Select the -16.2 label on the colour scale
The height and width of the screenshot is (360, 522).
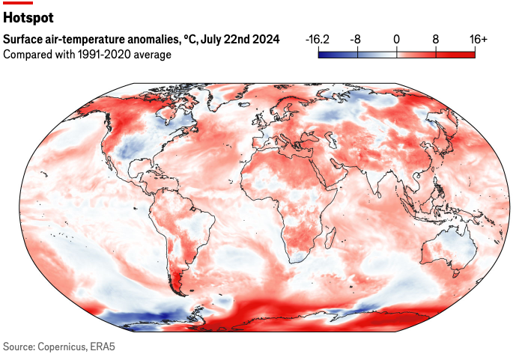(319, 39)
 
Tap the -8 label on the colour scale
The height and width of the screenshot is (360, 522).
(357, 39)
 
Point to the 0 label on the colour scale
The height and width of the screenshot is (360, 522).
(397, 39)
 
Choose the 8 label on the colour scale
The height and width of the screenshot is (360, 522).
(436, 39)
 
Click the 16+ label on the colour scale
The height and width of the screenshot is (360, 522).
(476, 39)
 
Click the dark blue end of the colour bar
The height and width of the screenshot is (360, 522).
(322, 53)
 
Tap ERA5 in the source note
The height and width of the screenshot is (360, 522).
(102, 347)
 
